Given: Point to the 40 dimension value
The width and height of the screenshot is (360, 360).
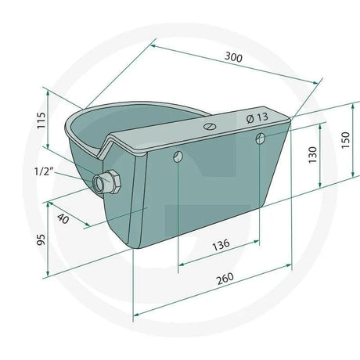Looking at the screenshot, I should pyautogui.click(x=63, y=220).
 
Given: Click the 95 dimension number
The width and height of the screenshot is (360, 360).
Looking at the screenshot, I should pyautogui.click(x=40, y=239).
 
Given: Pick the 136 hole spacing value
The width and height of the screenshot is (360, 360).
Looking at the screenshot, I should pyautogui.click(x=221, y=245).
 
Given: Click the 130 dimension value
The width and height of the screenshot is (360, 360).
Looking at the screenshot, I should pyautogui.click(x=313, y=157).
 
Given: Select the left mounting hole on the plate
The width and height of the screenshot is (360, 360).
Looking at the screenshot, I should pyautogui.click(x=179, y=156).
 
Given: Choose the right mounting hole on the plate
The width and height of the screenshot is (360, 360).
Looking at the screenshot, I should pyautogui.click(x=260, y=139).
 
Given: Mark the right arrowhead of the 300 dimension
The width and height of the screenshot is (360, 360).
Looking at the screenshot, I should pyautogui.click(x=319, y=81).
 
